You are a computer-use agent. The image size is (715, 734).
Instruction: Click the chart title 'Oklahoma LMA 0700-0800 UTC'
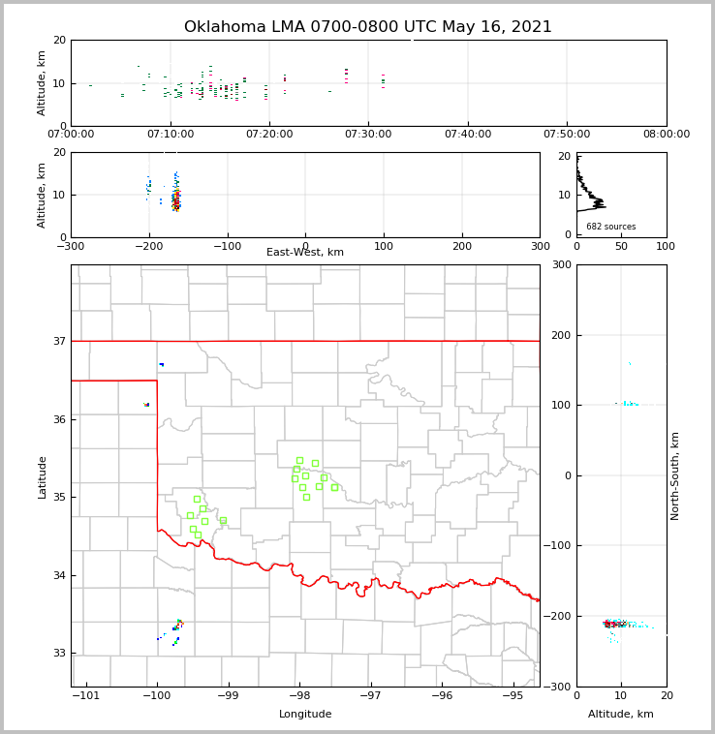367,27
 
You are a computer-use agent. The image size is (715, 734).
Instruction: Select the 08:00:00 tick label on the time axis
666,134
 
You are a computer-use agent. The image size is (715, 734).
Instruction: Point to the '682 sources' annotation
610,227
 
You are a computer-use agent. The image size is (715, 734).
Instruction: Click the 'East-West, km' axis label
305,253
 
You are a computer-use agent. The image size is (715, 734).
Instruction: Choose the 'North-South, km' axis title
675,475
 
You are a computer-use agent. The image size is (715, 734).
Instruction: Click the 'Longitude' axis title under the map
305,715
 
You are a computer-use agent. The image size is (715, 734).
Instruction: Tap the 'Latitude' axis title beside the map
42,476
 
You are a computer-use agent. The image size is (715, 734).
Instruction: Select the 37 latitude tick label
58,341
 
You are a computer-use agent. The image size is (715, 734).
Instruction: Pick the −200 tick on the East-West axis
148,246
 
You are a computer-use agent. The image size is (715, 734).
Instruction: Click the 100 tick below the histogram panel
666,246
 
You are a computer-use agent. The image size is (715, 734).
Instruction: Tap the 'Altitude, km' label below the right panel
621,715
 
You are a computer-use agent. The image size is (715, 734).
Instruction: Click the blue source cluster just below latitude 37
162,364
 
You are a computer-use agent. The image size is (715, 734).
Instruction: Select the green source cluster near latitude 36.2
146,404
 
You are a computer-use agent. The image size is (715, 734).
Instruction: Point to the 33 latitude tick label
58,653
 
